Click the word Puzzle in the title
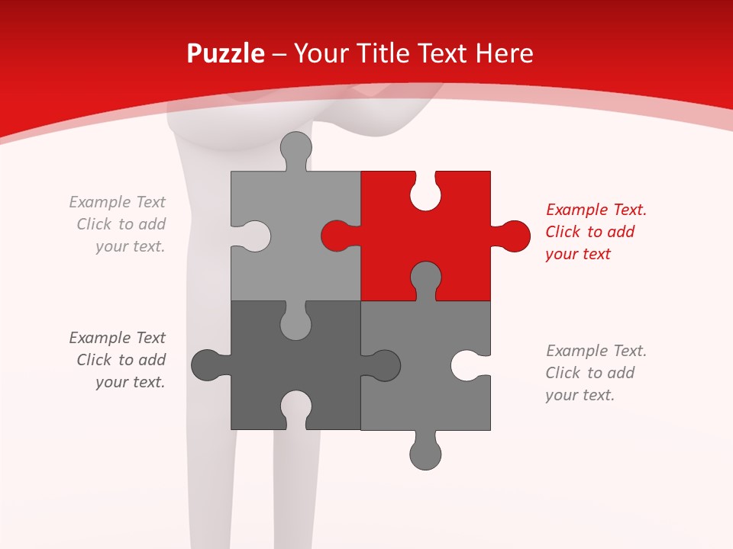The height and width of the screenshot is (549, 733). click(226, 53)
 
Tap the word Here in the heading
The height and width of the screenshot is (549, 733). click(504, 53)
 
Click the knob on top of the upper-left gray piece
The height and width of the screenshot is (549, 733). click(295, 148)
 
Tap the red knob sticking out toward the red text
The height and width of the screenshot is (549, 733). click(513, 236)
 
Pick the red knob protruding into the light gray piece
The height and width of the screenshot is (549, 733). click(336, 236)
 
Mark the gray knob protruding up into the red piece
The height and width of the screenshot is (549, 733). click(425, 278)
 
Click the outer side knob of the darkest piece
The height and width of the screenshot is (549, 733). click(208, 365)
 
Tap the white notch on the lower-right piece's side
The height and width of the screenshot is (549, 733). click(467, 365)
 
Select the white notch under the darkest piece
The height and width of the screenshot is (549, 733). click(295, 407)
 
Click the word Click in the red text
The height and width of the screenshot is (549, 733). click(563, 232)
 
